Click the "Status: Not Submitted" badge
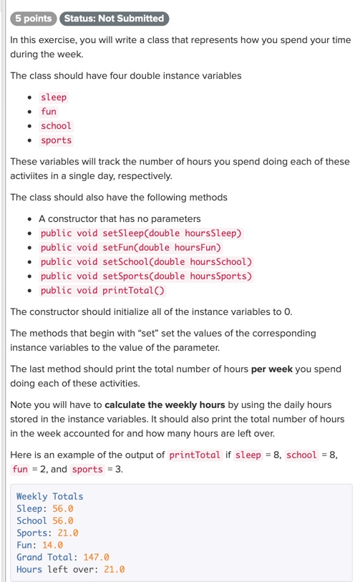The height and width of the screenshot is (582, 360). pos(113,19)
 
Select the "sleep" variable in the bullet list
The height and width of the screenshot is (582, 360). pos(54,97)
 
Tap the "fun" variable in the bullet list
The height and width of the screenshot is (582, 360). pos(49,112)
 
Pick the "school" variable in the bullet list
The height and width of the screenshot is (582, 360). pos(56,126)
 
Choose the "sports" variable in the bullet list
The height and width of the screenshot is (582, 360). pos(56,140)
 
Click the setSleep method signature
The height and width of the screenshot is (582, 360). pos(142,233)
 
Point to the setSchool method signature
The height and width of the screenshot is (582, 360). pos(147,262)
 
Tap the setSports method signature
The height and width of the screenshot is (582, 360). pos(147,276)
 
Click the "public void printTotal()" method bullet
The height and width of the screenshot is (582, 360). pos(102,291)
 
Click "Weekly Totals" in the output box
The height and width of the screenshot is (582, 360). pos(49,497)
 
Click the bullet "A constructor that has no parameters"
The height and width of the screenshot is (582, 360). pos(120,219)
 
